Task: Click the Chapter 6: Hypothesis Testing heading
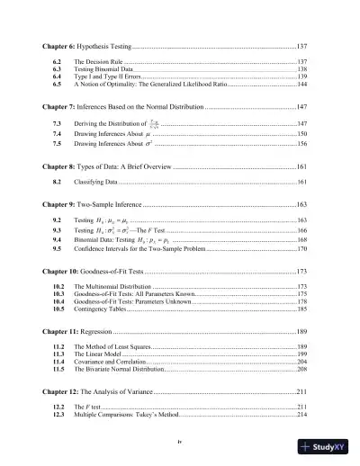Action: coord(85,44)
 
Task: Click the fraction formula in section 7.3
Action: coord(155,122)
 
